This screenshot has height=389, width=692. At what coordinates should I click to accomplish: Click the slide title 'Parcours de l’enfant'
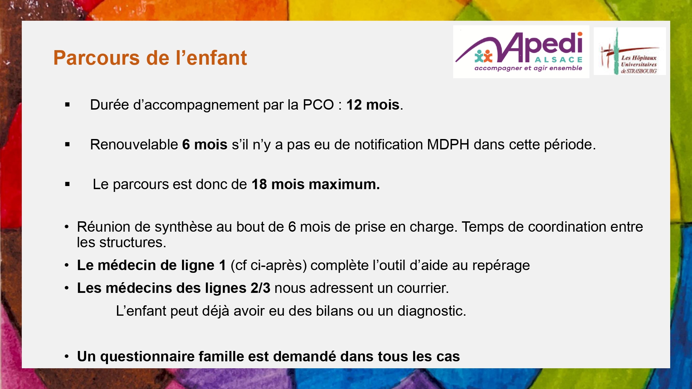[150, 58]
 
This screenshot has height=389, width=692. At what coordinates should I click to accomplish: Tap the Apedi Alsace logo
[521, 52]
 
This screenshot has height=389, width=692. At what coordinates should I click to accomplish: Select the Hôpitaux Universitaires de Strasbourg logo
[630, 51]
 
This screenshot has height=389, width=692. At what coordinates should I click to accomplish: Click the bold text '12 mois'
[373, 105]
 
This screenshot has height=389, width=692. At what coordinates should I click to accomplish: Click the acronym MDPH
[448, 145]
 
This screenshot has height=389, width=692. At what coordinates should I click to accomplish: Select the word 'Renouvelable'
[134, 145]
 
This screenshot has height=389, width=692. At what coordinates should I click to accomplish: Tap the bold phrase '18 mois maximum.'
[316, 184]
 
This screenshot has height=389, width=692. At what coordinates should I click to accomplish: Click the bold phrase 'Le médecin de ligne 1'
[152, 265]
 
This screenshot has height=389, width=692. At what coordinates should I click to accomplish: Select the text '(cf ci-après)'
[269, 266]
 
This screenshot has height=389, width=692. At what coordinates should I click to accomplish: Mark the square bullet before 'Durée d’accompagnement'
[67, 104]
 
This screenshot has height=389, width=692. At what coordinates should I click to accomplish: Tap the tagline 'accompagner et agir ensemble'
[528, 68]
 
